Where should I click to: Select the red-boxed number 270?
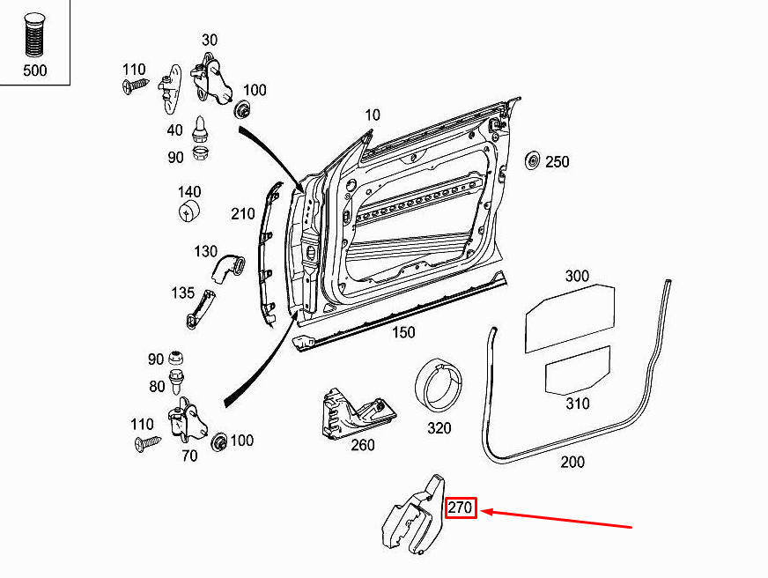pos(461,508)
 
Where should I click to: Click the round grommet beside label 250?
pos(532,161)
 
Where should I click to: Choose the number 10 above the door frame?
pos(373,115)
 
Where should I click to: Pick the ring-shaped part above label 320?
pos(439,384)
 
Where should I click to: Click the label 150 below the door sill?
pos(402,332)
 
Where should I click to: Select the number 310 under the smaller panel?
pos(577,404)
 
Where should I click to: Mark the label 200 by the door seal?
pos(572,462)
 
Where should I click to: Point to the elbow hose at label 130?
pos(231,265)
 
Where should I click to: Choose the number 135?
pos(182,292)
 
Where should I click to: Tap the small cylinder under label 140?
pos(190,212)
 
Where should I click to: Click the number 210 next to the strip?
pos(242,213)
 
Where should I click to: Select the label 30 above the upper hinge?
pos(209,41)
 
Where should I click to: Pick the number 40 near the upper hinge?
pos(174,130)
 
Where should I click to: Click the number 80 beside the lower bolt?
pos(156,385)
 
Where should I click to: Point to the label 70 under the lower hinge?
pos(188,456)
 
